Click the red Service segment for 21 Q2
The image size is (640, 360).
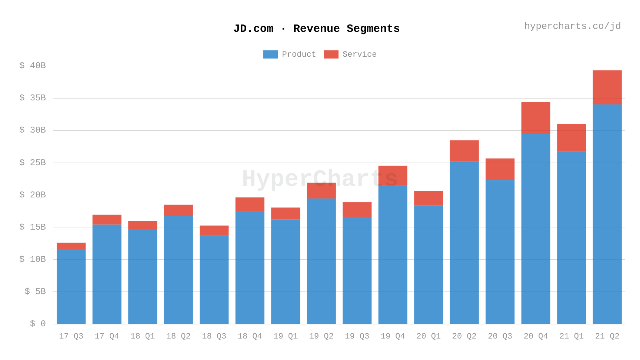607,87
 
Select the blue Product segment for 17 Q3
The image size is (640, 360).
71,287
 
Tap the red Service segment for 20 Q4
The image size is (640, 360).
536,118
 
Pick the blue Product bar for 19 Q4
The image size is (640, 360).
393,254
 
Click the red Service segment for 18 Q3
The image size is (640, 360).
214,230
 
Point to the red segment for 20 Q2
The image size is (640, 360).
464,151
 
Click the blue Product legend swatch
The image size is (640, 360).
270,54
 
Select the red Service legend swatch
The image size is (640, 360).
331,54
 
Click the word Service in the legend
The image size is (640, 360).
359,54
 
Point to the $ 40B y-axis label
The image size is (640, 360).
33,66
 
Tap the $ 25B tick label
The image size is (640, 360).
33,163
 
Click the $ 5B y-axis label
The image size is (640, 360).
35,291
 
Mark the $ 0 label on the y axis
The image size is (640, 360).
38,324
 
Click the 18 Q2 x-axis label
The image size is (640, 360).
178,336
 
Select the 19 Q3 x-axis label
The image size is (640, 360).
357,336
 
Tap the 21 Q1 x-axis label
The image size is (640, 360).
571,336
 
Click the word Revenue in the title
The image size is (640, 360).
316,29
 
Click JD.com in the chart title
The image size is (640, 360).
253,29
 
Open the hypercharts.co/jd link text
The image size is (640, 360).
572,26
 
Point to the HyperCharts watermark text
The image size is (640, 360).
320,179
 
